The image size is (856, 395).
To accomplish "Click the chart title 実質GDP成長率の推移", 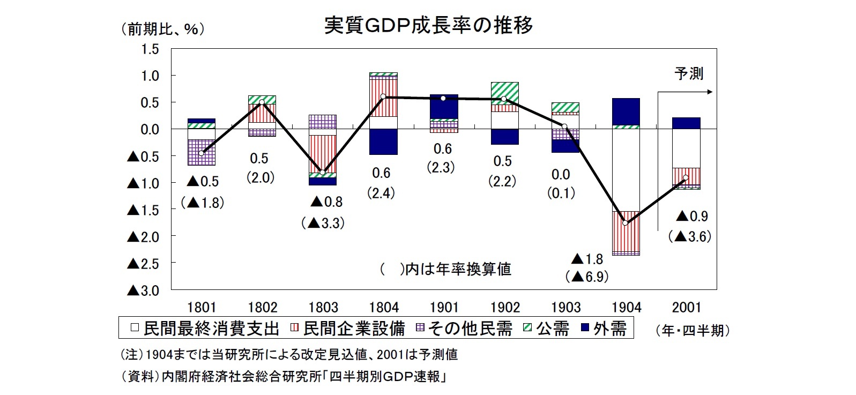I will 428,25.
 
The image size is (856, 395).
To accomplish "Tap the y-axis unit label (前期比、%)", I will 163,29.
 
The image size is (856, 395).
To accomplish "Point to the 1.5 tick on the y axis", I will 150,49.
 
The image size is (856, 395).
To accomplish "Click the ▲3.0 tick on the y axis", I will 143,290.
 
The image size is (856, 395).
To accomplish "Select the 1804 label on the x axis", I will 384,308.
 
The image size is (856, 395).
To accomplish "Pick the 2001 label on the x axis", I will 687,308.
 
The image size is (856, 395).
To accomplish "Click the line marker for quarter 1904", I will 625,222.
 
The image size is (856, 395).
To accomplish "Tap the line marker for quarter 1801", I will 202,153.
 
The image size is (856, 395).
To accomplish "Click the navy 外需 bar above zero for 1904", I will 626,111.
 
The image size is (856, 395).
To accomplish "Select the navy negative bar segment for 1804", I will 384,141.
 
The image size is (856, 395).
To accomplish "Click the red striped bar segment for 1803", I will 323,154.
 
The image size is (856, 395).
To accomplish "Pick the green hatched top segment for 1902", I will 504,90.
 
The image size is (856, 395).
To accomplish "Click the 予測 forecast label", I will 688,73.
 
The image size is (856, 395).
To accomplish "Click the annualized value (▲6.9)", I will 587,277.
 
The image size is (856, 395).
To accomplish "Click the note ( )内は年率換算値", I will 445,269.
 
